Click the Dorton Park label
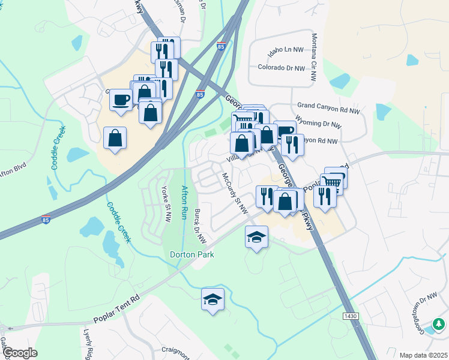click(191, 255)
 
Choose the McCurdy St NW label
click(235, 193)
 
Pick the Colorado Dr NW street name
click(282, 68)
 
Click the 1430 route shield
click(351, 316)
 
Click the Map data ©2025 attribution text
click(423, 355)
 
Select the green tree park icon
click(439, 325)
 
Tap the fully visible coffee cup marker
click(121, 100)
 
